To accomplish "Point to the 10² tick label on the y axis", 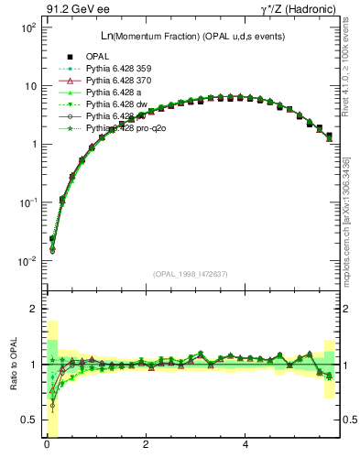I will click(x=25, y=27).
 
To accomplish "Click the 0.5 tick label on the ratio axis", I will click(x=26, y=420).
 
